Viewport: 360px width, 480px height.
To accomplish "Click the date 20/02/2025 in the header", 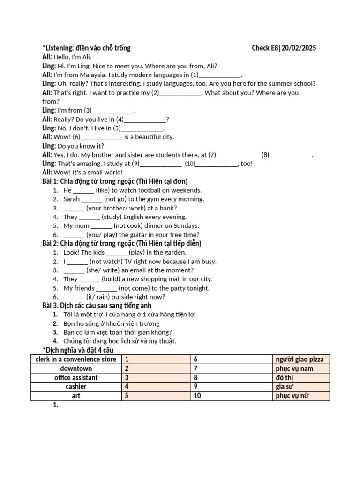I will tap(299, 48).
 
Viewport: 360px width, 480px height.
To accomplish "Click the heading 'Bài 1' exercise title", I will tap(115, 181).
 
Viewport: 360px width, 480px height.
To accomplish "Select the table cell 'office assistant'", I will tap(76, 378).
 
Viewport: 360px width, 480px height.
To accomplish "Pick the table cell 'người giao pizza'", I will tap(301, 360).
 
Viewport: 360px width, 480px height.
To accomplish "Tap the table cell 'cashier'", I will tap(76, 387).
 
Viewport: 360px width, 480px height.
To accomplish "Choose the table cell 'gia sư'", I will tap(301, 387).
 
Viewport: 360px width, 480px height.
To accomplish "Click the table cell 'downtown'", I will tap(76, 369).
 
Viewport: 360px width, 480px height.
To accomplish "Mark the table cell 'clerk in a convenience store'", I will tap(76, 360).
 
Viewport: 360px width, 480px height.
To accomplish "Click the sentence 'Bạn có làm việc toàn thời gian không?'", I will tap(118, 332).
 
